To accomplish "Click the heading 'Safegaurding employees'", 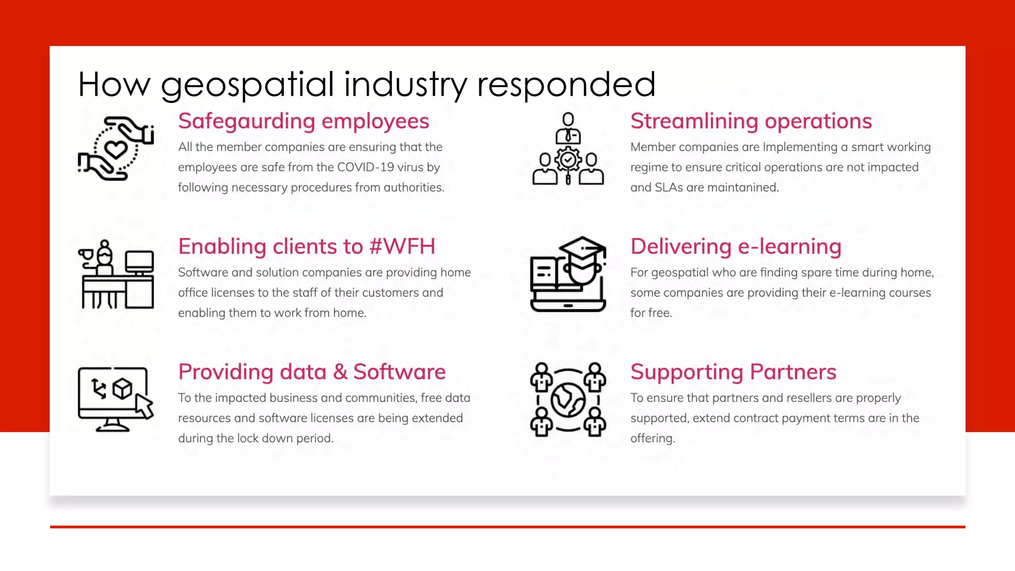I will pyautogui.click(x=303, y=121).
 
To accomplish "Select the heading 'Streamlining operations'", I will pyautogui.click(x=751, y=121).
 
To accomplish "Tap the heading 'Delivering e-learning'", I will pyautogui.click(x=736, y=247).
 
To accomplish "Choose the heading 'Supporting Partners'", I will pyautogui.click(x=733, y=372).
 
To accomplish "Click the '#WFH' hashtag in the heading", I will pyautogui.click(x=402, y=247).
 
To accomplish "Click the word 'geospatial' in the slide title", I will pyautogui.click(x=247, y=85).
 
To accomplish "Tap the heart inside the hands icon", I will pyautogui.click(x=116, y=149).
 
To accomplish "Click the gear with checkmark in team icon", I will pyautogui.click(x=568, y=160).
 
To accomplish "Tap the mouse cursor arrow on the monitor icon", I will pyautogui.click(x=144, y=406).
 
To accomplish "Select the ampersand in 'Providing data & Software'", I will pyautogui.click(x=340, y=372).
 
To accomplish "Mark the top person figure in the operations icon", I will pyautogui.click(x=568, y=128).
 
